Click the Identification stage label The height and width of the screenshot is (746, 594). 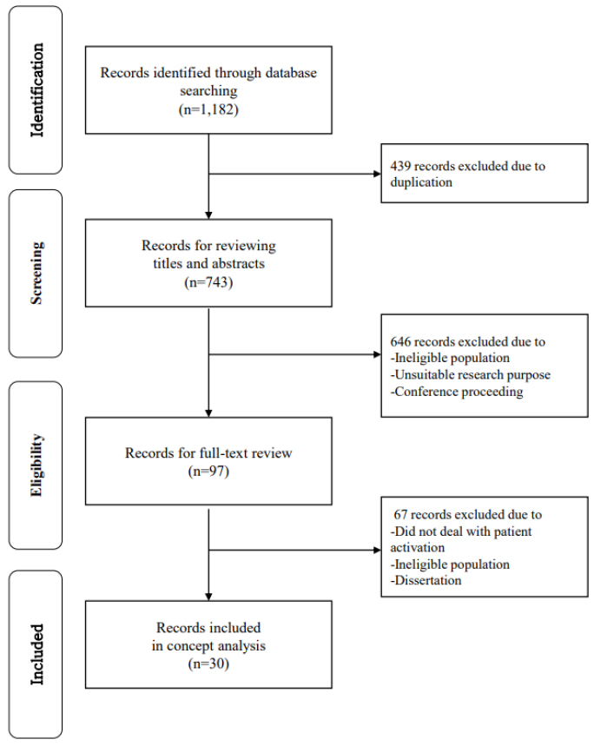point(36,90)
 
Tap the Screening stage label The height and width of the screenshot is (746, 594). point(36,273)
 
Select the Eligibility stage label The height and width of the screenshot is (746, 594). point(36,465)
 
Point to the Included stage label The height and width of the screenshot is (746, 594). point(36,655)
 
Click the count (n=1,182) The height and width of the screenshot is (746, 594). point(208,109)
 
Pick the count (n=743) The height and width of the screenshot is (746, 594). point(208,282)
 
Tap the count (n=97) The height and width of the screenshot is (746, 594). point(208,471)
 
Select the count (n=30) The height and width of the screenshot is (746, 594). point(208,663)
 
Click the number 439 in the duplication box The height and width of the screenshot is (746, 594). point(400,166)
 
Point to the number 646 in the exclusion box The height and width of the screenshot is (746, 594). point(400,341)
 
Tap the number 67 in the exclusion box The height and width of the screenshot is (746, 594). point(400,514)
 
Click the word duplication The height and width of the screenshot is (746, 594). point(421,182)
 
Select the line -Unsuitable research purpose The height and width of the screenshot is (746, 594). point(470,375)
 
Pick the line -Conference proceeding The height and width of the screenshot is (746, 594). point(457,392)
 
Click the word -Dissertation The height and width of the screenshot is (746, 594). point(426,580)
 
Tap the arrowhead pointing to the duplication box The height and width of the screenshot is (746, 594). point(377,175)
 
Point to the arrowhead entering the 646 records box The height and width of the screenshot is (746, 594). point(377,354)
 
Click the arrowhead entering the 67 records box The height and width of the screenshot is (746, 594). point(377,550)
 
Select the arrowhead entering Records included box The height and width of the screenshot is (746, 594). point(208,597)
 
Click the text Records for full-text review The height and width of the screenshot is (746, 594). point(208,453)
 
